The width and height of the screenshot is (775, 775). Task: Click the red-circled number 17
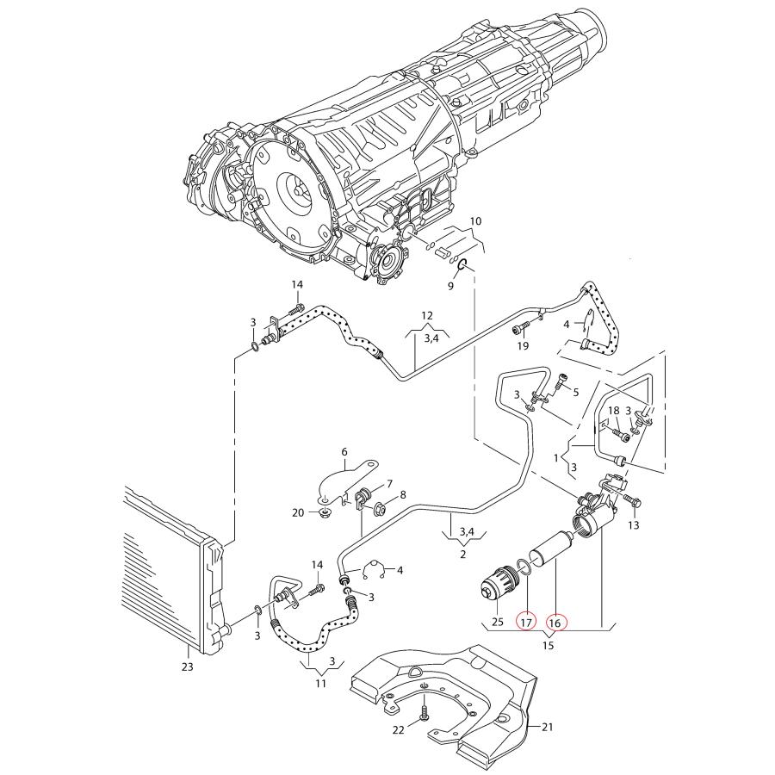524,621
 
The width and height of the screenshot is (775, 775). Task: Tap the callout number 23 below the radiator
188,666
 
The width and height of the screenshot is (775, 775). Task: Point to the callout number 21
547,727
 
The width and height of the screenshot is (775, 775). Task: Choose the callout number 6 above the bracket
344,450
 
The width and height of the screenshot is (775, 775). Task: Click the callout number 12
427,316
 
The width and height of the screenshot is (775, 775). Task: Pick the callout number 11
320,685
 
